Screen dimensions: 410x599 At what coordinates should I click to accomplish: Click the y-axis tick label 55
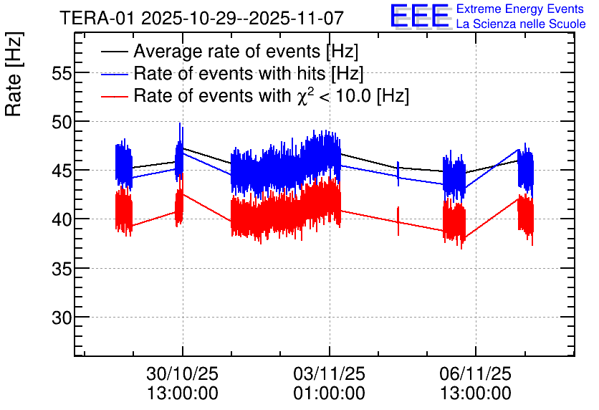[63, 73]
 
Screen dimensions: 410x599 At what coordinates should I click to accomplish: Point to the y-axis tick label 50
[63, 122]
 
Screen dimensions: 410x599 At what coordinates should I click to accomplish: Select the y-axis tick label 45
[63, 171]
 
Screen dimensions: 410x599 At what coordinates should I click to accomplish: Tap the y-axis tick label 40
[63, 219]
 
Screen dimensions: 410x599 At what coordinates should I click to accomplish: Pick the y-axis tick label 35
[63, 268]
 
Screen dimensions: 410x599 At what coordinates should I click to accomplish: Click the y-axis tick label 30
[63, 317]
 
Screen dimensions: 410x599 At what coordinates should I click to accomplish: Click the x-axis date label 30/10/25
[182, 374]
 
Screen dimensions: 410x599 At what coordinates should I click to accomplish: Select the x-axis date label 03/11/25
[330, 374]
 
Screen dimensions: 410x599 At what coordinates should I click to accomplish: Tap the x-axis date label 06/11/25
[476, 374]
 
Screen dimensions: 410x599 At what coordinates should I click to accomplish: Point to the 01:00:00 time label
[330, 394]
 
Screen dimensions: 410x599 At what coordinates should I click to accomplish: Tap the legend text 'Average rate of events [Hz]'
[246, 52]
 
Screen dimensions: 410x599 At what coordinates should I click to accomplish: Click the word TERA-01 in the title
[99, 17]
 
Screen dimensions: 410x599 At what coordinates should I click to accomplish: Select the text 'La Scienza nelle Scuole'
[521, 24]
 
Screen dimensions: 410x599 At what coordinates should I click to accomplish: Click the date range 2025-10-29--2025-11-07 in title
[243, 17]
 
